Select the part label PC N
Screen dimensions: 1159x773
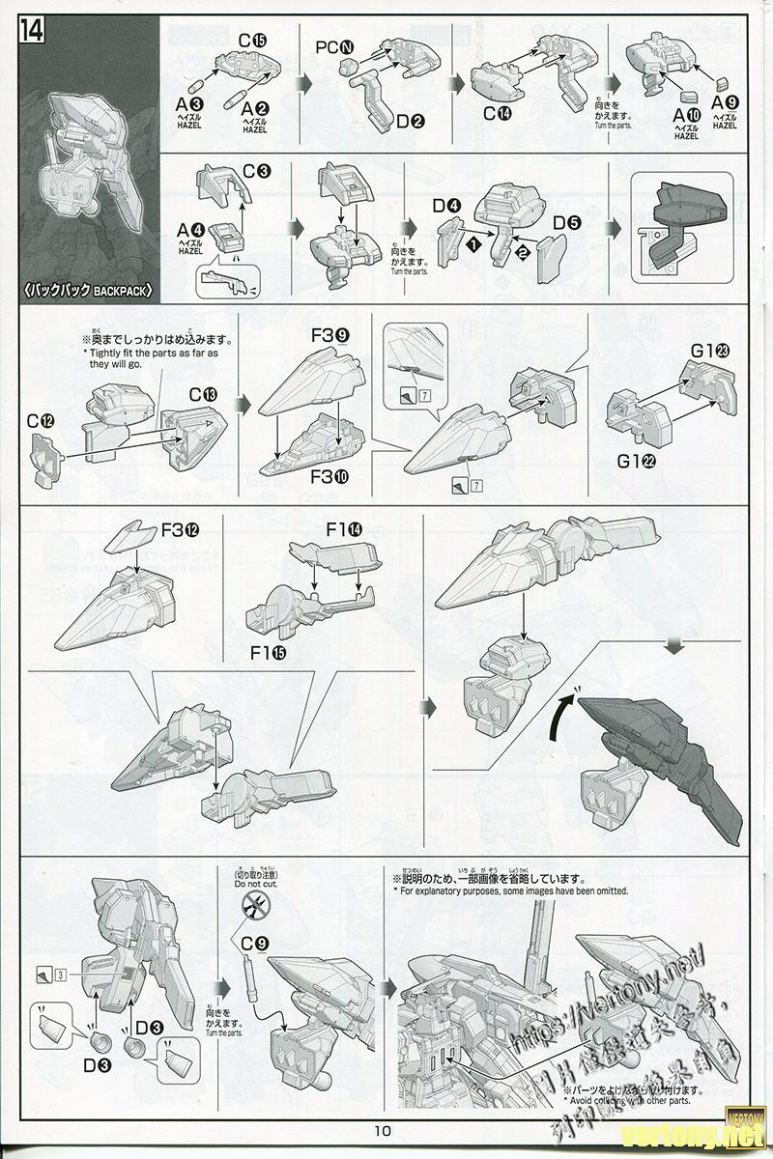click(336, 46)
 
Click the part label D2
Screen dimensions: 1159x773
click(411, 122)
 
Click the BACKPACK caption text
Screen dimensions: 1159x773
click(88, 289)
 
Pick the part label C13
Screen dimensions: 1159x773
click(204, 394)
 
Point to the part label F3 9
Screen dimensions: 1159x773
click(330, 336)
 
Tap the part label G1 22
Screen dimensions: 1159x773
click(636, 461)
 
